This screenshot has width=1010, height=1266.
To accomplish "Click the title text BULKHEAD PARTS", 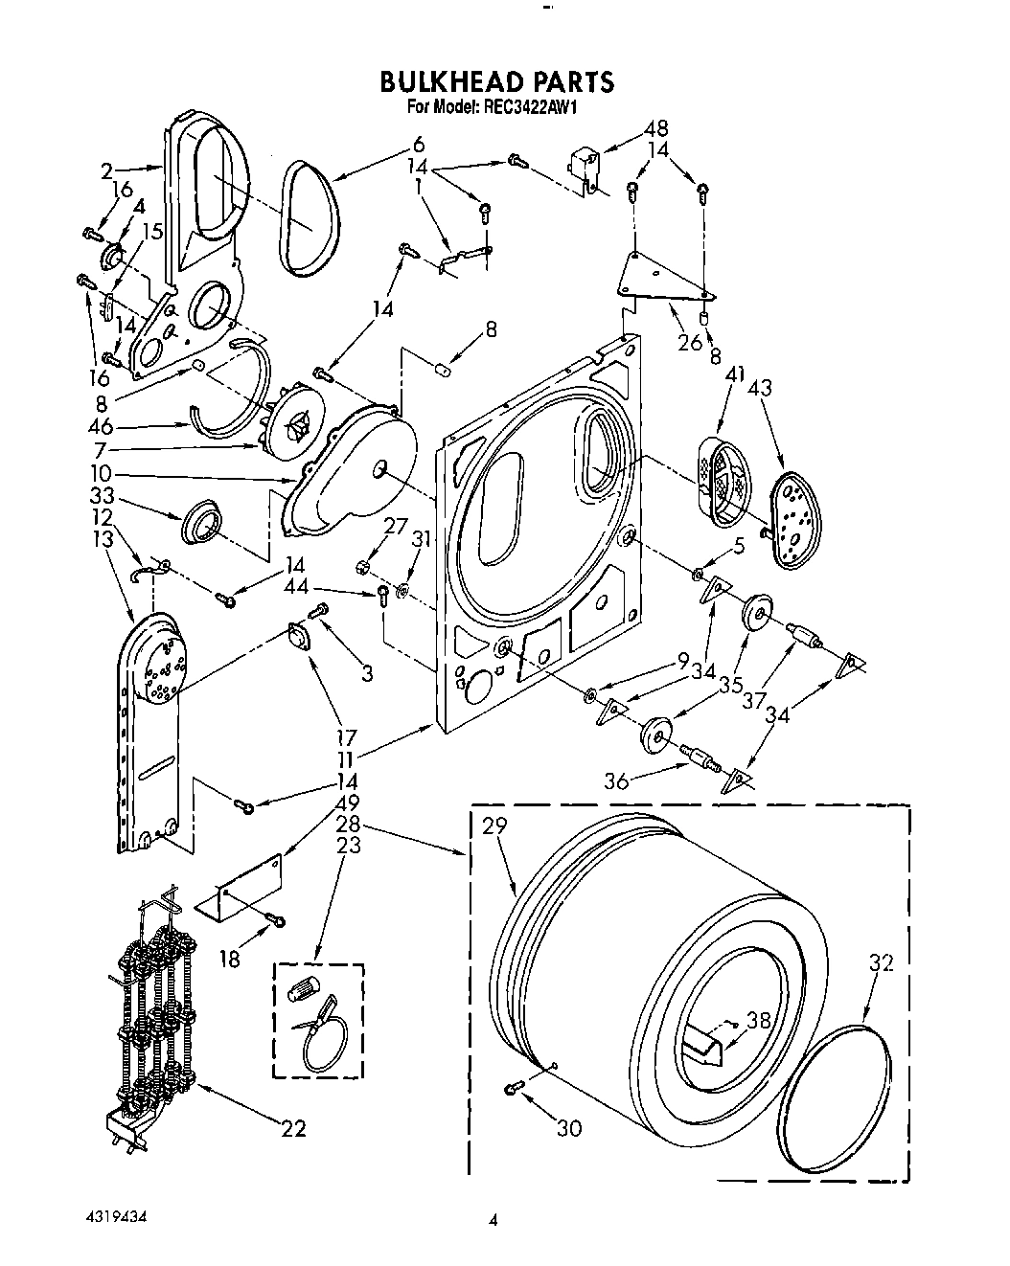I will [x=495, y=81].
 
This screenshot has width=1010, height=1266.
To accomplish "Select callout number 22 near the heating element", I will [x=293, y=1129].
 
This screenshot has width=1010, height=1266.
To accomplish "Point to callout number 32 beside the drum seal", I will [x=880, y=963].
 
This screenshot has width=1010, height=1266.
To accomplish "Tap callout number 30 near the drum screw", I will [x=568, y=1129].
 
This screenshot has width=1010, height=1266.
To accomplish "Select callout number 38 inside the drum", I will [x=758, y=1021].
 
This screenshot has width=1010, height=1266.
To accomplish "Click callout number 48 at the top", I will [x=655, y=128].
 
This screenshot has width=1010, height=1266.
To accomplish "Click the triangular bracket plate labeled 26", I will [x=661, y=278].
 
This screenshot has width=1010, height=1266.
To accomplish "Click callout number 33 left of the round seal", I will [x=102, y=496].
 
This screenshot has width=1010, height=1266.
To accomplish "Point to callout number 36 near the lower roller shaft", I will [x=616, y=781].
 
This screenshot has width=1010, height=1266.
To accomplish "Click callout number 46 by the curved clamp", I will [x=102, y=427].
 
